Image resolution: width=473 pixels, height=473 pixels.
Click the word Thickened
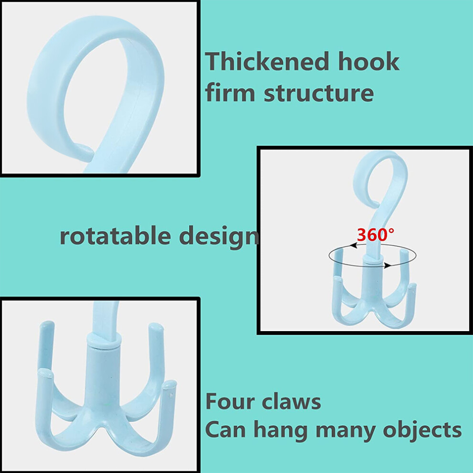(267, 61)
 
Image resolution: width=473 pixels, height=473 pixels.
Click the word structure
(319, 93)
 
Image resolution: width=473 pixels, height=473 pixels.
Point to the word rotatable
(115, 235)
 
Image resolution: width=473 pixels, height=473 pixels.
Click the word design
(219, 237)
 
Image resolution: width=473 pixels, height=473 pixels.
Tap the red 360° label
(375, 235)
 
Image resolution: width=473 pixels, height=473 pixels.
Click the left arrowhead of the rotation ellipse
(354, 246)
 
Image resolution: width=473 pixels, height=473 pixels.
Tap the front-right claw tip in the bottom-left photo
(170, 385)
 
